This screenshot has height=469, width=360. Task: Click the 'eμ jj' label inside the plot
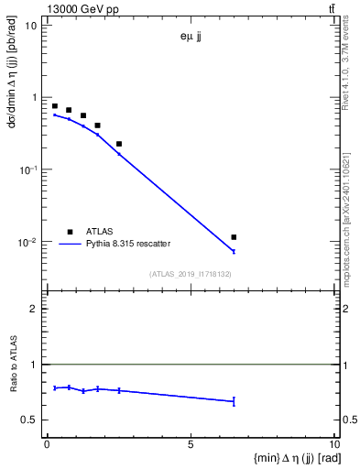191,38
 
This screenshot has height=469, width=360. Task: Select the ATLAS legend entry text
100,232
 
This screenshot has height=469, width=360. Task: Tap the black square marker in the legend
69,232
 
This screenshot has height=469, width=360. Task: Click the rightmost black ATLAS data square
234,237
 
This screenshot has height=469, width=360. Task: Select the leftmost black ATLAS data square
55,106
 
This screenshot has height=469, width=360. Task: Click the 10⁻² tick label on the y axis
27,243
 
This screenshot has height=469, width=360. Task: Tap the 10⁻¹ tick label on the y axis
27,170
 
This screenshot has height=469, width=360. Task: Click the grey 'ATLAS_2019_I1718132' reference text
191,274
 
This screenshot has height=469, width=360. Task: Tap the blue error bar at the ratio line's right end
234,401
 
